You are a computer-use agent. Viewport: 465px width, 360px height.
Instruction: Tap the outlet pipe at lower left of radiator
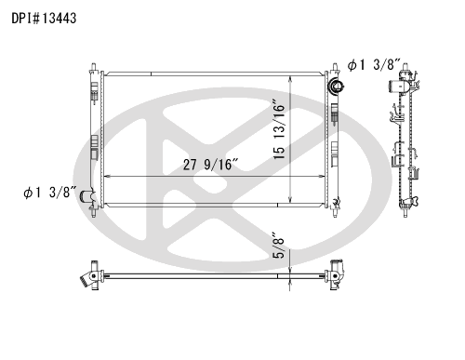click(87, 196)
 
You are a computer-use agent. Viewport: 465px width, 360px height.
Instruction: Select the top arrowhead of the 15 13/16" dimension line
click(294, 73)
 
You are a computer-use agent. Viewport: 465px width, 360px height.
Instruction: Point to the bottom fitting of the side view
click(405, 205)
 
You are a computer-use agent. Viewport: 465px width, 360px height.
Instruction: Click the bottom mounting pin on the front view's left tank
click(94, 213)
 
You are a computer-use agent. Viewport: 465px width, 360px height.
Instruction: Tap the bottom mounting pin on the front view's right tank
click(331, 213)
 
